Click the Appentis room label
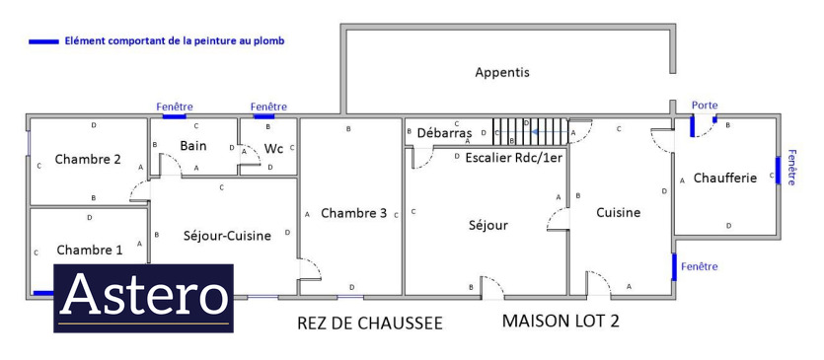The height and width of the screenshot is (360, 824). (x=502, y=73)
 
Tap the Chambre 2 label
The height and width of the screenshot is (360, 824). (x=88, y=159)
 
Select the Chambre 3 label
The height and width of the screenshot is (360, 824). (x=353, y=213)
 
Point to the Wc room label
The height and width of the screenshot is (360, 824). (x=273, y=149)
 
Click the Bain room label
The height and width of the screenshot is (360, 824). (x=192, y=145)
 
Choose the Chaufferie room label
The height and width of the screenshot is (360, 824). (x=725, y=179)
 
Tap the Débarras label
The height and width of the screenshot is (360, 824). (x=445, y=132)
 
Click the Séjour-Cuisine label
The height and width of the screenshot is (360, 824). (x=227, y=236)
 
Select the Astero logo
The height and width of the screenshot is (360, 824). (x=143, y=298)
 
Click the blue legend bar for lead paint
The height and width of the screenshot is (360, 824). (x=43, y=41)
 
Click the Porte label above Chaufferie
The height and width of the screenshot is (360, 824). (x=705, y=106)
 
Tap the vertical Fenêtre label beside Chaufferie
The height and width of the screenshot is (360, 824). (x=792, y=168)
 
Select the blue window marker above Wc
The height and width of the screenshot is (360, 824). (x=264, y=116)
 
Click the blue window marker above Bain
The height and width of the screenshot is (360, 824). (x=174, y=116)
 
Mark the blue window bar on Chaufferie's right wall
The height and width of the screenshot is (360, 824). (x=778, y=171)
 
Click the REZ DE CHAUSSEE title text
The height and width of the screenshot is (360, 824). (x=370, y=324)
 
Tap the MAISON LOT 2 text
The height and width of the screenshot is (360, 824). (x=561, y=321)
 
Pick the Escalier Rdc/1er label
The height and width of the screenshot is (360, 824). (x=514, y=158)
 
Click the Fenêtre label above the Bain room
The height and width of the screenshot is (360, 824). (x=175, y=107)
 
